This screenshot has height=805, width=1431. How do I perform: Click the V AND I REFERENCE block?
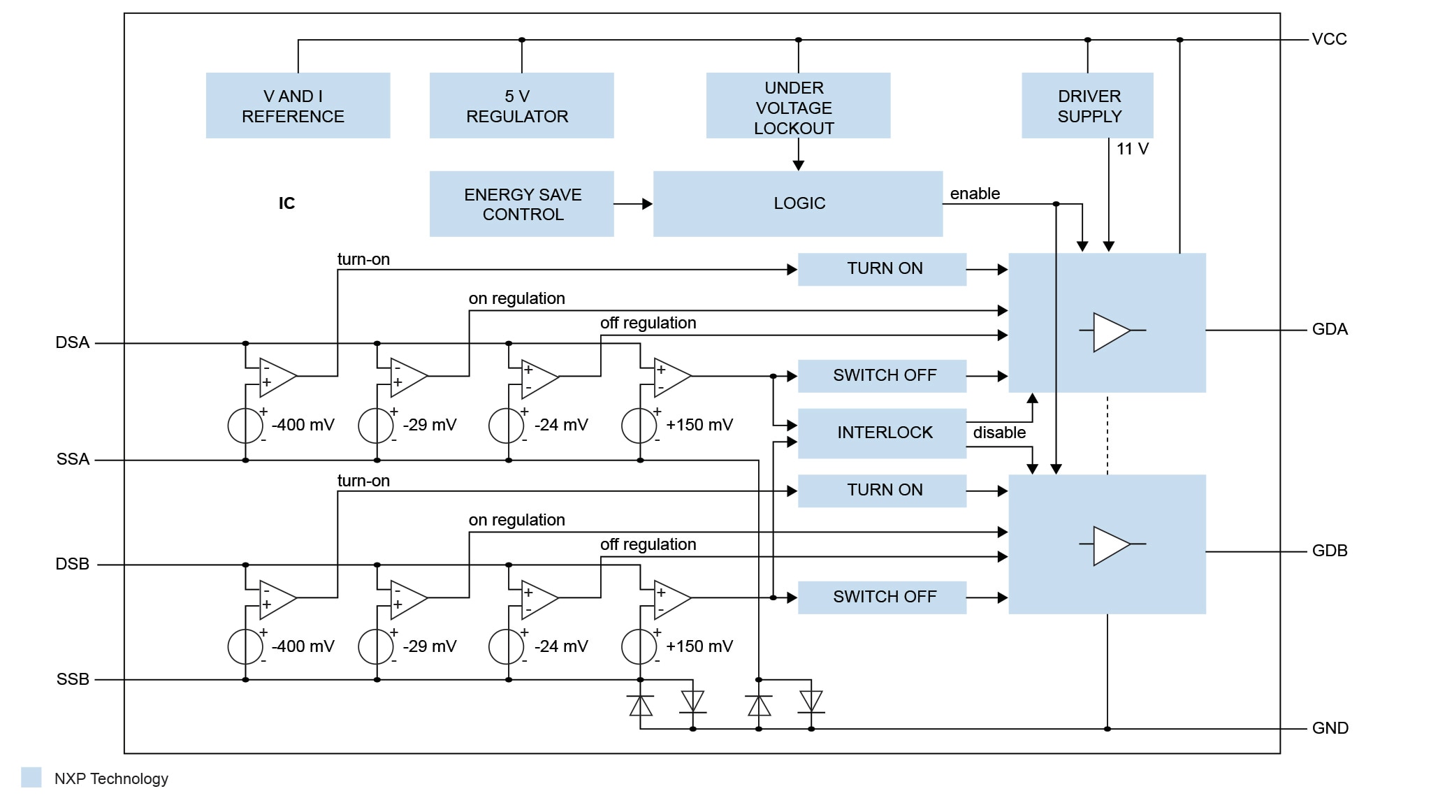[298, 106]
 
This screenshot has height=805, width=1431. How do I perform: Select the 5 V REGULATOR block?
[521, 106]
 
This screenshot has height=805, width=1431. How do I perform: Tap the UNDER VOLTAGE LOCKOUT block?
[798, 106]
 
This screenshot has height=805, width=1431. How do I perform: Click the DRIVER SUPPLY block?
[1087, 106]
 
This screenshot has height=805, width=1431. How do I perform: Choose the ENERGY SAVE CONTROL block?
[521, 204]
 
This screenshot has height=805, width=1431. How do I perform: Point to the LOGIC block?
[798, 203]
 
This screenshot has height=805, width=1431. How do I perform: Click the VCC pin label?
[1329, 39]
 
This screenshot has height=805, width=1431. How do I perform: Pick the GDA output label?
[1329, 329]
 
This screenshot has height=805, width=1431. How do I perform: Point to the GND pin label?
[1330, 728]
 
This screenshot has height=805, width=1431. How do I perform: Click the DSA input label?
[73, 342]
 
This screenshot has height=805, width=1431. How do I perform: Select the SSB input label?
[73, 679]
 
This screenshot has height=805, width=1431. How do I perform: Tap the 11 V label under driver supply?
[1132, 149]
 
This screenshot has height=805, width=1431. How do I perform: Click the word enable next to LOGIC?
[975, 194]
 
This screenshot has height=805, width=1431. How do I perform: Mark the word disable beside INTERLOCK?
[999, 433]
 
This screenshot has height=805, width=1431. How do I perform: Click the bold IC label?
[286, 203]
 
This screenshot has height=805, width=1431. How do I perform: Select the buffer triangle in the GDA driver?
[1110, 331]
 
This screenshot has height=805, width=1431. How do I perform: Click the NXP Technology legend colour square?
[31, 777]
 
